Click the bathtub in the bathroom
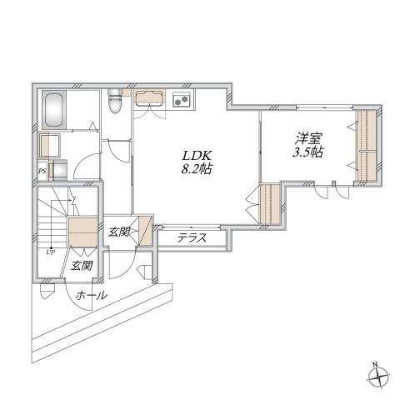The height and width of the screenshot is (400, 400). (x=54, y=110)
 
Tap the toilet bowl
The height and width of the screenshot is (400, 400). (x=115, y=101)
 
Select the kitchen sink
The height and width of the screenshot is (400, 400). (x=149, y=97)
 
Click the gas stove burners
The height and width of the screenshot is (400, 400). (x=182, y=100)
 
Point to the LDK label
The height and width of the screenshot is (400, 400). (x=197, y=156)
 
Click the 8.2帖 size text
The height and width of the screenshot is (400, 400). (x=197, y=169)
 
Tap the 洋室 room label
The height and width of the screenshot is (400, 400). (x=308, y=138)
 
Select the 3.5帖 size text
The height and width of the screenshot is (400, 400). (x=308, y=152)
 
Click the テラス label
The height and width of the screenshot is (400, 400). (x=192, y=238)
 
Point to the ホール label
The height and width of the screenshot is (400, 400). (x=92, y=295)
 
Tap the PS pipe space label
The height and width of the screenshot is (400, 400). (x=42, y=171)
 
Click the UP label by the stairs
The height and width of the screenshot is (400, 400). (x=51, y=252)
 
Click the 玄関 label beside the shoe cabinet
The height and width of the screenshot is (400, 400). (x=119, y=232)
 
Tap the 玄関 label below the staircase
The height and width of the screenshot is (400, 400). (x=81, y=266)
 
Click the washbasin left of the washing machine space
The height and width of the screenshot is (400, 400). (x=50, y=145)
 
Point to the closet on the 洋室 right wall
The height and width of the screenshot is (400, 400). (x=367, y=146)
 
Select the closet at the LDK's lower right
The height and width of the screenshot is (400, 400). (x=270, y=203)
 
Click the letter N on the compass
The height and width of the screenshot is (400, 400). (x=375, y=364)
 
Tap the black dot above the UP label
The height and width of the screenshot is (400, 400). (x=51, y=247)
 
